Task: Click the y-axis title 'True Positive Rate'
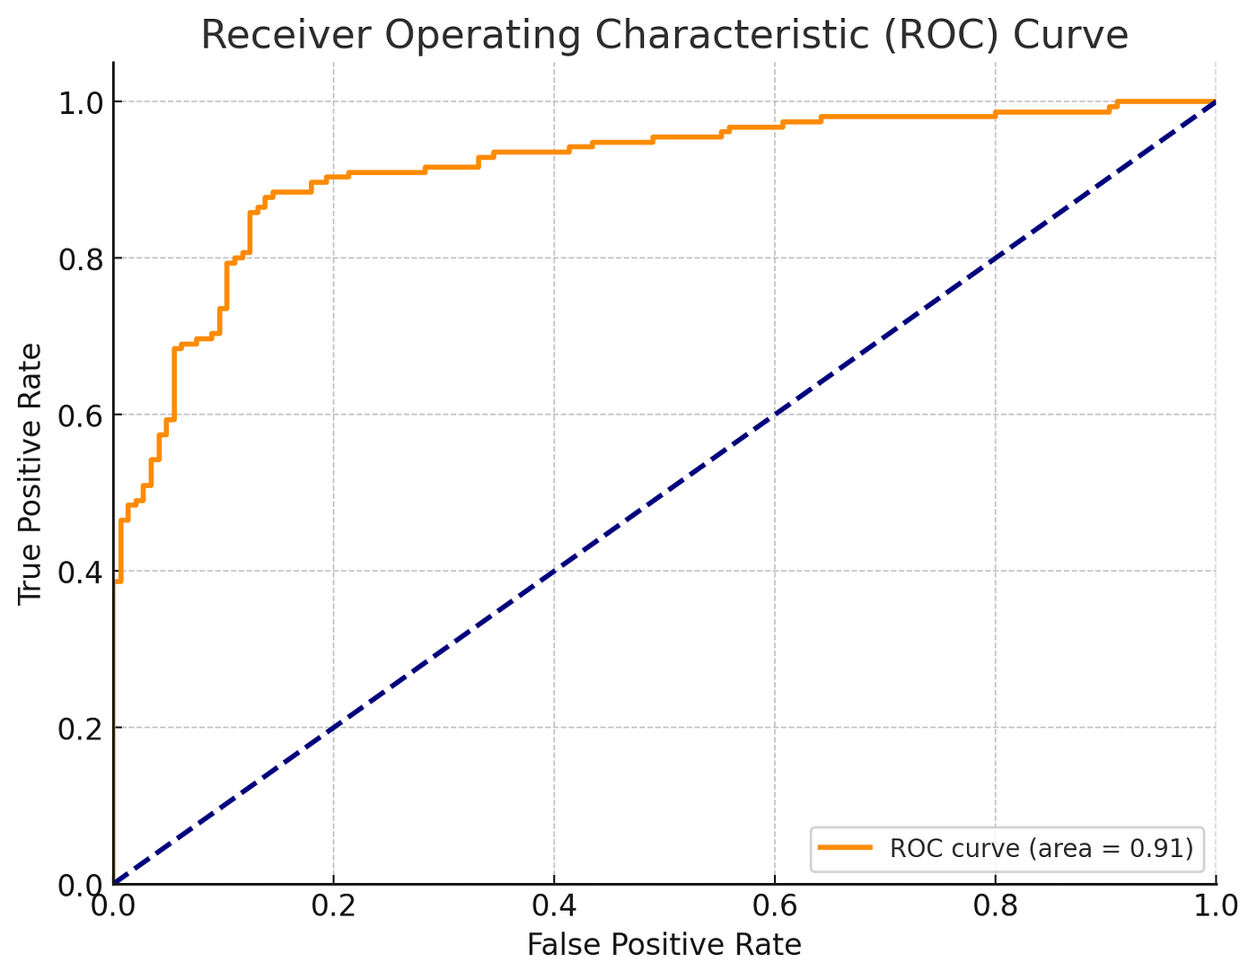[x=31, y=473]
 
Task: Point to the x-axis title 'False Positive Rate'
[x=664, y=945]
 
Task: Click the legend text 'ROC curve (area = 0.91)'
[x=1041, y=848]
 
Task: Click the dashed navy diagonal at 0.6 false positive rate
[x=774, y=415]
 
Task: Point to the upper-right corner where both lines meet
[x=1215, y=101]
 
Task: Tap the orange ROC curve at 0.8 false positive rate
[x=994, y=117]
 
